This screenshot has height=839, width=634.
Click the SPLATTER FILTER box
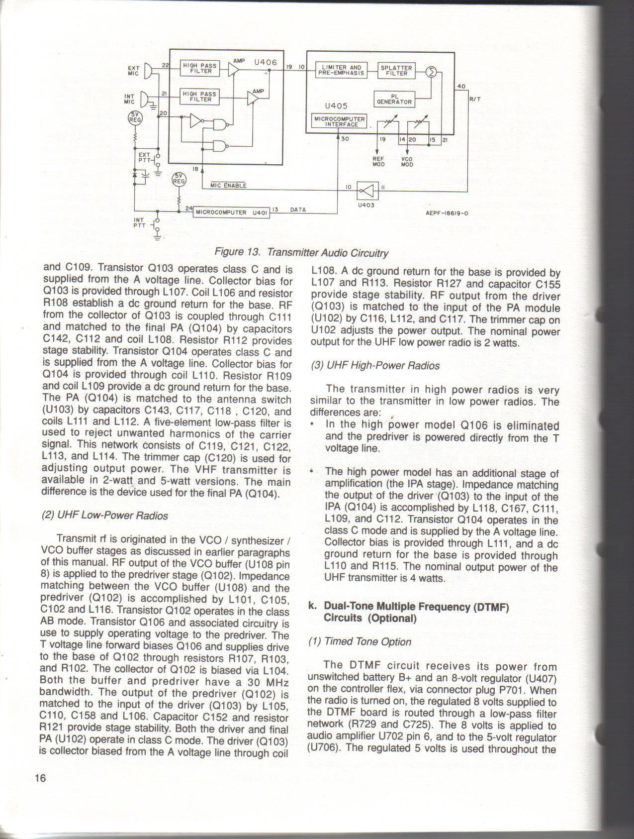click(396, 71)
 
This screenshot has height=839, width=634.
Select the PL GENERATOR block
click(394, 100)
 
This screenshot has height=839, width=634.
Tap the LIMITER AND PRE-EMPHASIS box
click(341, 70)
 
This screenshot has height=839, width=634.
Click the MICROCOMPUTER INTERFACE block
click(339, 121)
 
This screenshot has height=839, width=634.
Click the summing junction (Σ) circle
click(432, 72)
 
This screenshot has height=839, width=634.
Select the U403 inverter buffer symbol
click(367, 190)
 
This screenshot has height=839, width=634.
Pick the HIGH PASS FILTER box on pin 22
click(200, 68)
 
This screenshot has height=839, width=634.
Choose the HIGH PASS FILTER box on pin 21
click(200, 97)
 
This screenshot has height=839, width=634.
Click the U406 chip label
click(265, 62)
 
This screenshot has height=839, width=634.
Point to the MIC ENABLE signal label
click(228, 186)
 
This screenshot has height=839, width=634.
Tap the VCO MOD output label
click(407, 162)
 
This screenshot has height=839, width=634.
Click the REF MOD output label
click(378, 162)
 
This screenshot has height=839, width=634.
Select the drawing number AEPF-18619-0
click(447, 213)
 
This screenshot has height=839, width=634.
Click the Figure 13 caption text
click(301, 252)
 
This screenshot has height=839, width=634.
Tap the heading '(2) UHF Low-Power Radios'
click(105, 516)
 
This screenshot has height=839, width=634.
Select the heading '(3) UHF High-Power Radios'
click(375, 366)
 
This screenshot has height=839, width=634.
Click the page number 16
click(40, 778)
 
